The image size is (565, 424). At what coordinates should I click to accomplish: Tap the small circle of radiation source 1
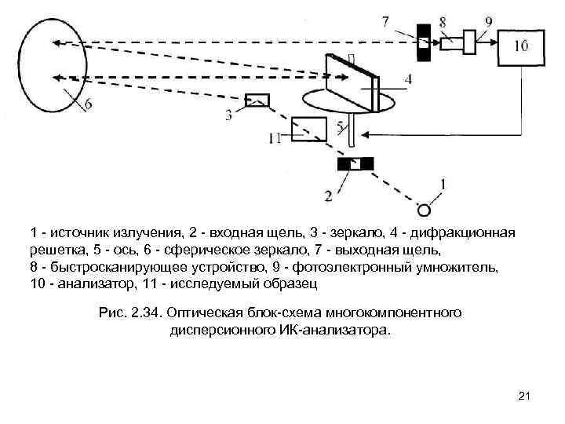tap(424, 210)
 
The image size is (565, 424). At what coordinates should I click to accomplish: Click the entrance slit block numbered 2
tap(355, 164)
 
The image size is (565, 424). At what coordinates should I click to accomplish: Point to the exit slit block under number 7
tap(424, 38)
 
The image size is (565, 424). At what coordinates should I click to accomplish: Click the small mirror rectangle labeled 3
tap(257, 100)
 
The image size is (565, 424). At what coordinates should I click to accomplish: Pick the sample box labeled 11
tap(308, 129)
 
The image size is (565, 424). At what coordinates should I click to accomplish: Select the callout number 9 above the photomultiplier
tap(488, 22)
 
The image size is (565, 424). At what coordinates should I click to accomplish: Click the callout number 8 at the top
tap(444, 22)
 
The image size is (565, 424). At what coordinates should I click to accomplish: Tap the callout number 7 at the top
tap(385, 22)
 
